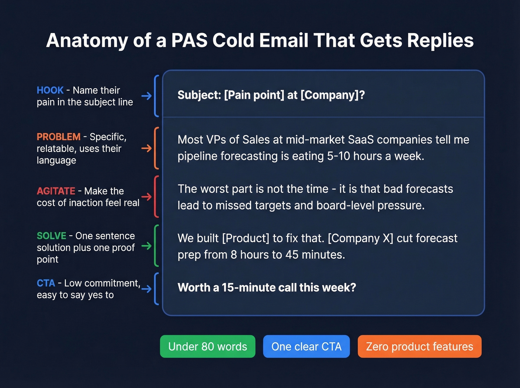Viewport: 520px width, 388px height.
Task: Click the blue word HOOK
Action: point(50,90)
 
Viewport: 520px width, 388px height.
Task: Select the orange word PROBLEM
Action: point(58,137)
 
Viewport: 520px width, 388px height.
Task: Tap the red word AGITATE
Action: point(56,191)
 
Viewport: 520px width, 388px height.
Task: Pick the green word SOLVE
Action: point(51,236)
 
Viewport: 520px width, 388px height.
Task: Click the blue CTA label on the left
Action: point(46,283)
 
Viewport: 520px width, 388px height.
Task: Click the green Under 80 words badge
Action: point(208,346)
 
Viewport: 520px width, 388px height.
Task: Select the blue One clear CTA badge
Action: point(306,346)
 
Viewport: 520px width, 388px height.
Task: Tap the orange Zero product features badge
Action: point(419,346)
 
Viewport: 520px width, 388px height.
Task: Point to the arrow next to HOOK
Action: point(146,96)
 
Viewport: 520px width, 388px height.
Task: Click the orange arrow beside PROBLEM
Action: point(146,149)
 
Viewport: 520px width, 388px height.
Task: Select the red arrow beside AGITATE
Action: point(146,197)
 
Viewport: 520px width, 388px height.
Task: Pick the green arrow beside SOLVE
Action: point(146,246)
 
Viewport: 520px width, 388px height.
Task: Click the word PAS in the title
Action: point(189,40)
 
